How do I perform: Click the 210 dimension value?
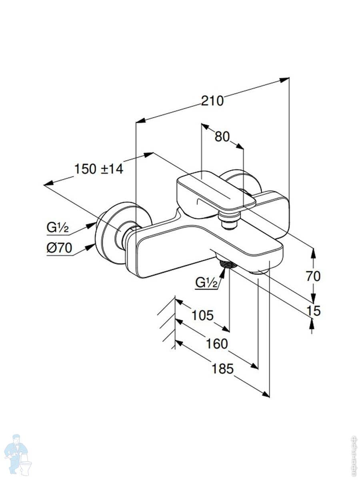[212, 101]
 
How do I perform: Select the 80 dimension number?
[222, 137]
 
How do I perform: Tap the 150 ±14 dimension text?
[99, 169]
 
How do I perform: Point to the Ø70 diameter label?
[59, 248]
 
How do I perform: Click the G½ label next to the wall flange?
[58, 228]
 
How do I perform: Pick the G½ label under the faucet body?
[206, 283]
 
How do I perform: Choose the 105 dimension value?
[202, 316]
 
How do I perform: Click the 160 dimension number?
[218, 344]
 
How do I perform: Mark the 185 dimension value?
[222, 369]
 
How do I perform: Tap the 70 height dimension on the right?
[313, 276]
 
